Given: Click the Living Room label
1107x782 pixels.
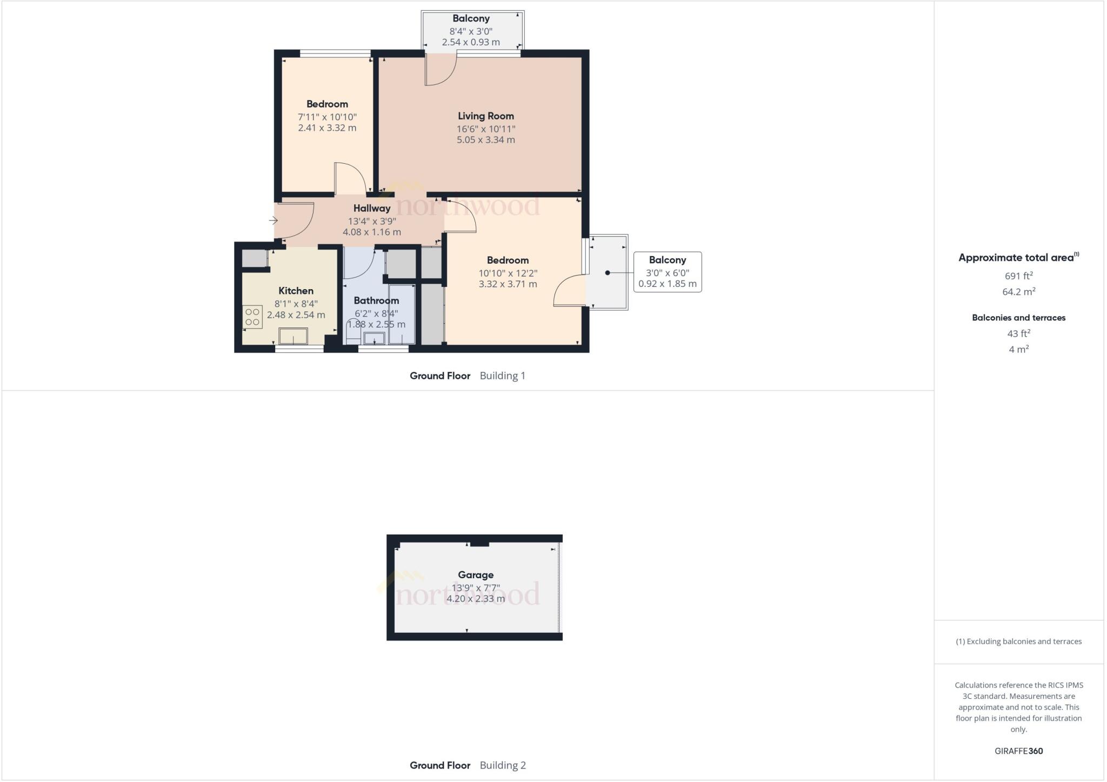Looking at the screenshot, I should (485, 116).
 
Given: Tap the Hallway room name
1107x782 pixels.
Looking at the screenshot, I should (372, 208).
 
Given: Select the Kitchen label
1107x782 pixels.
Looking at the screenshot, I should (296, 291).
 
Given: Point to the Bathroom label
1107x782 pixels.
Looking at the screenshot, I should (376, 300).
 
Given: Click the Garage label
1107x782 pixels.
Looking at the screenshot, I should (476, 575).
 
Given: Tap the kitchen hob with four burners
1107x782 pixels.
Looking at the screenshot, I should (252, 317).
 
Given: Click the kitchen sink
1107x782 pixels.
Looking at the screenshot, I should (293, 336).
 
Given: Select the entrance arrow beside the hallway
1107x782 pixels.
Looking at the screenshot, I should (274, 220).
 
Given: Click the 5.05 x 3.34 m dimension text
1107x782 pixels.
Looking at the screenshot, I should (485, 140).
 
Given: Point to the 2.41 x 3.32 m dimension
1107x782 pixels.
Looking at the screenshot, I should (327, 128).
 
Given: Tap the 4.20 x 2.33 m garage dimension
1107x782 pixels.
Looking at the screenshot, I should (476, 599).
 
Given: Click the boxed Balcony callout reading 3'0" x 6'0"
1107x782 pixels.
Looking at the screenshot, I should (667, 272).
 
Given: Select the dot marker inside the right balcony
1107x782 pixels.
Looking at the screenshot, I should (608, 273).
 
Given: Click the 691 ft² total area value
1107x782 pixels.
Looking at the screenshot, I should (1018, 276).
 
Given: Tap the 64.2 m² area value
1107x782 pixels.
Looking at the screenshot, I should (1018, 292).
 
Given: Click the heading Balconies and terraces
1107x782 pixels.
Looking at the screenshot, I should (1018, 318).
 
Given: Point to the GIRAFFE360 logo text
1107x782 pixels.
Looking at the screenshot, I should (1018, 751).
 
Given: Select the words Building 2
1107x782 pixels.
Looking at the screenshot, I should (503, 765).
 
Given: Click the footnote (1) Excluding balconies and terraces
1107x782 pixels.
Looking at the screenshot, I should (1018, 641).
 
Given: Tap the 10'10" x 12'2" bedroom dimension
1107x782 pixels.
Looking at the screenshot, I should (508, 273).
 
